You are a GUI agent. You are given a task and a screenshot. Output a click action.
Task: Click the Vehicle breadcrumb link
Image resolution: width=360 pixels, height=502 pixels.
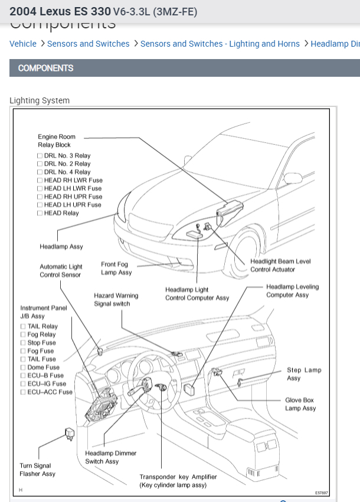pyautogui.click(x=23, y=44)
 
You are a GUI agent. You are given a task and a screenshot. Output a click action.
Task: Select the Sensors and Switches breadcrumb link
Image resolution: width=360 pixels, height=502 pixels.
pyautogui.click(x=88, y=44)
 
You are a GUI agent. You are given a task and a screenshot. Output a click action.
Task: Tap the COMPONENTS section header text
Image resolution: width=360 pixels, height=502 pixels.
pyautogui.click(x=45, y=68)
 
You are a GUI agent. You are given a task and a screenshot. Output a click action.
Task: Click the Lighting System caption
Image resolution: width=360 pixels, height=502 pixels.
pyautogui.click(x=40, y=100)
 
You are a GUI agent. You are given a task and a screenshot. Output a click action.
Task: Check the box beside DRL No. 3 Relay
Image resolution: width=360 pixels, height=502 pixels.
pyautogui.click(x=40, y=156)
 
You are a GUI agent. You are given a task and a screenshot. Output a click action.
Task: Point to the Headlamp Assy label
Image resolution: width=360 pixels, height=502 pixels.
pyautogui.click(x=61, y=247)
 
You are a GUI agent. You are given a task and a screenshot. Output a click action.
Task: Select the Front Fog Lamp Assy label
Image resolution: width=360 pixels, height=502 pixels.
pyautogui.click(x=116, y=269)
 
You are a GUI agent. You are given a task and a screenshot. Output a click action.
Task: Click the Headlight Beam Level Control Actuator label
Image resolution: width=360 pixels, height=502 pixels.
pyautogui.click(x=280, y=265)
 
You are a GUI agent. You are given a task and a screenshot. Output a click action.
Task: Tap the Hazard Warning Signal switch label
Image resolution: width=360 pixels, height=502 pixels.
pyautogui.click(x=116, y=299)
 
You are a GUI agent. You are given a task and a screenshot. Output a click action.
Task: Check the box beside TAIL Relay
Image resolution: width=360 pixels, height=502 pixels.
pyautogui.click(x=23, y=326)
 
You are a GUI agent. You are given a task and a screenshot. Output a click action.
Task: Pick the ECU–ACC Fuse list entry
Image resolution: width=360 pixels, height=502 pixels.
pyautogui.click(x=50, y=392)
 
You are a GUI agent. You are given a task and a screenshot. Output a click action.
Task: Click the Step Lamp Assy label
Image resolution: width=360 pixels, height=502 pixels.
pyautogui.click(x=304, y=374)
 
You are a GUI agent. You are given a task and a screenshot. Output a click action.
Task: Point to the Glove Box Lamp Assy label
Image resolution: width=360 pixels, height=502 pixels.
pyautogui.click(x=300, y=404)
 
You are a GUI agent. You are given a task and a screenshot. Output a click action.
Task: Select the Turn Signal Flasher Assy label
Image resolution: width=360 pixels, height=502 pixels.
pyautogui.click(x=37, y=470)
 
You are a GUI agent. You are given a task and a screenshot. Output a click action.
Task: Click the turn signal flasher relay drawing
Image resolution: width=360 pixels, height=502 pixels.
pyautogui.click(x=69, y=436)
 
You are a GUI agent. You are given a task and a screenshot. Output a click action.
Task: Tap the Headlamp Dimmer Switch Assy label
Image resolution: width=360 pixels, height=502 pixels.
pyautogui.click(x=110, y=457)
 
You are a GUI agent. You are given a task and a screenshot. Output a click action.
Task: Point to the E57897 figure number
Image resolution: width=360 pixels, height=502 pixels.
pyautogui.click(x=321, y=492)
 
